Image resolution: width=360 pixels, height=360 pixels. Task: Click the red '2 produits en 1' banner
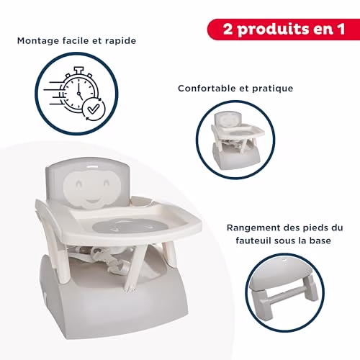[x=284, y=30]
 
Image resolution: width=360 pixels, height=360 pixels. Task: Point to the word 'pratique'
[x=272, y=89]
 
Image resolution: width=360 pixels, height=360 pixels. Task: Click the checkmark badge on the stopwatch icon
[x=94, y=109]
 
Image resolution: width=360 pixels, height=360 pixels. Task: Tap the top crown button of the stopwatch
[x=78, y=70]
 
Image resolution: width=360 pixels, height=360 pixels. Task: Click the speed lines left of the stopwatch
[x=54, y=94]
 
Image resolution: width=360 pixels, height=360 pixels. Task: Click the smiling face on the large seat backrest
[x=92, y=188]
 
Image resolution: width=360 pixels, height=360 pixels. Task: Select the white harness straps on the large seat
[x=111, y=258]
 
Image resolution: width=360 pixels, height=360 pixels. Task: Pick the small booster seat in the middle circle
[x=235, y=140]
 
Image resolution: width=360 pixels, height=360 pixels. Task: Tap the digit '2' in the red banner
[x=228, y=30]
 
